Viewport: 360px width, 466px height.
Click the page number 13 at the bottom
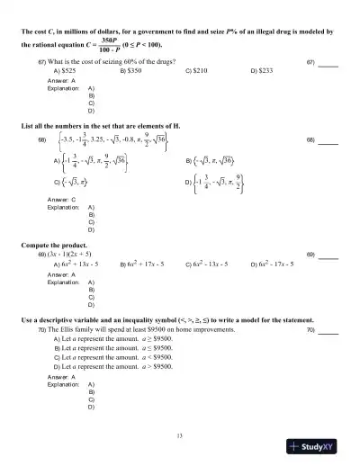[181, 435]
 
